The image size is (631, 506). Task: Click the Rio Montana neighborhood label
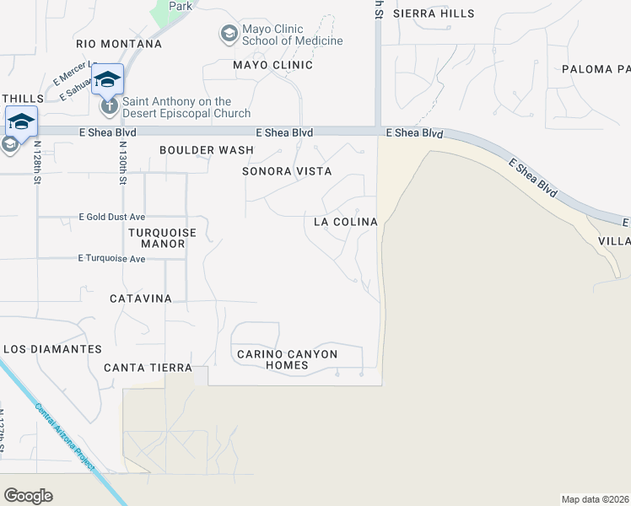tap(118, 44)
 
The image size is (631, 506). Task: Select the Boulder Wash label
tap(207, 150)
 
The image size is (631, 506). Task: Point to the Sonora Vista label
tap(287, 171)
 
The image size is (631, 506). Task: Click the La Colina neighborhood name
tap(344, 222)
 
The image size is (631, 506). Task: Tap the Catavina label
tap(141, 299)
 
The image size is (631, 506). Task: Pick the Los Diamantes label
tap(52, 348)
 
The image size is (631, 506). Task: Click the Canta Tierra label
tap(148, 368)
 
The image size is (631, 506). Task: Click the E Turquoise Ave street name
tap(111, 259)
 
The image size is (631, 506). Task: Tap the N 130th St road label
tap(123, 163)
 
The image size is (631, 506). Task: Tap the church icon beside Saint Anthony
tap(110, 107)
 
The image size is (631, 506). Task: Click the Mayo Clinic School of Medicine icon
tap(228, 35)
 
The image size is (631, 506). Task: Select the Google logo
tap(28, 496)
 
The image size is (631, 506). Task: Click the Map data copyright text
tap(595, 499)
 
